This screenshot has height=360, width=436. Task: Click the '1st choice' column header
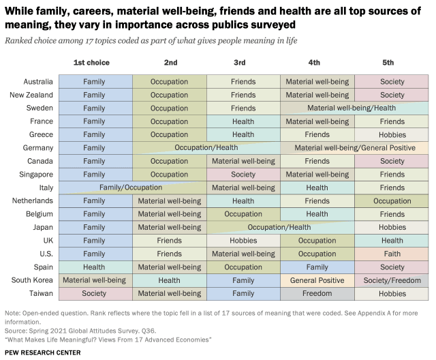91,63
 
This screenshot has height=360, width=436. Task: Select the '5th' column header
392,63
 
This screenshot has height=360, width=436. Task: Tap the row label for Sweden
40,108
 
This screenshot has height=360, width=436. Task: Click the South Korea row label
31,280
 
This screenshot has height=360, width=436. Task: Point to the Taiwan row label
40,293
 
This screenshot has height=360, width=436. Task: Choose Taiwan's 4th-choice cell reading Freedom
317,293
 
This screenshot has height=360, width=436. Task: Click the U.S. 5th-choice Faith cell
392,254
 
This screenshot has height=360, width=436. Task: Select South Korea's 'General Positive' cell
317,280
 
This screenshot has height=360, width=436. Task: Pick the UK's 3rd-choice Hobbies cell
243,241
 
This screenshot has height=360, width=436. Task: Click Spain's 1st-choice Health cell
94,267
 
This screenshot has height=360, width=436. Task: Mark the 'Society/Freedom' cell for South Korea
392,280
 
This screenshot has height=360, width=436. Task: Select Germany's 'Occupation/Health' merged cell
206,147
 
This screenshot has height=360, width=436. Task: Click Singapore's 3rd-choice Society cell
243,175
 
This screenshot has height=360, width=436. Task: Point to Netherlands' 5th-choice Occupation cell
392,201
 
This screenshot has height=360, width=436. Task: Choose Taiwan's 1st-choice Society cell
94,293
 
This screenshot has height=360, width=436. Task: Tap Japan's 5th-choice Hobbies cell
392,227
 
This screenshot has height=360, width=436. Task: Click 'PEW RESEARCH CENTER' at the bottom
42,352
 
